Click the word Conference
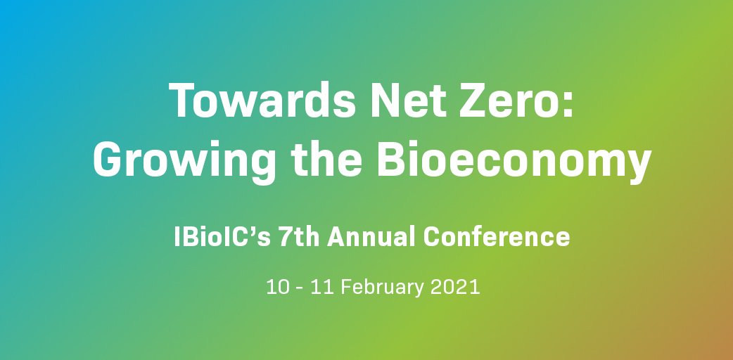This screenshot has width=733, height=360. coord(496,237)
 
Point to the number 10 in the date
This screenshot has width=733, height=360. coord(276,288)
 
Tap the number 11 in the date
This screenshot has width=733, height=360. coord(321,288)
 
